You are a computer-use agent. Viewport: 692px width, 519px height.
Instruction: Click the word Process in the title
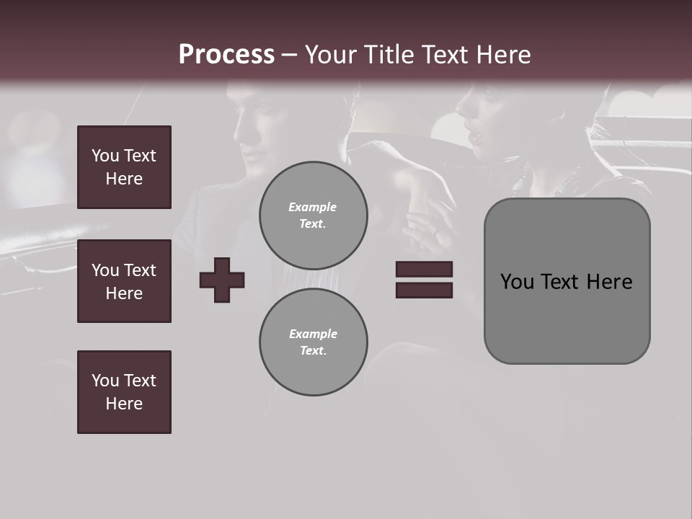pos(226,55)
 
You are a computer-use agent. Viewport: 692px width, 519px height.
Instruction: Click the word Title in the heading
pos(388,55)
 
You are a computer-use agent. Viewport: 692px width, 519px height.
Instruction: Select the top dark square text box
pos(124,167)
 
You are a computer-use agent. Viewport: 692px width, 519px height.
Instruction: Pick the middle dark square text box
pos(124,281)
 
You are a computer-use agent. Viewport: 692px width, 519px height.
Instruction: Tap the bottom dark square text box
pos(124,392)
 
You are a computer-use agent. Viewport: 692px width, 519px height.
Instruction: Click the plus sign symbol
pos(222,280)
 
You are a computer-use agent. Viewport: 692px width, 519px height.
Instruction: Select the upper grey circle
pos(313,215)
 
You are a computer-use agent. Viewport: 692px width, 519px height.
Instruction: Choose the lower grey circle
pos(313,342)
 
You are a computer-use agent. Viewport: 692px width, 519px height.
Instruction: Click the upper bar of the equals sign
pos(424,269)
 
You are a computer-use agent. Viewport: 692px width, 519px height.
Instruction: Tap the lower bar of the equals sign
pos(424,290)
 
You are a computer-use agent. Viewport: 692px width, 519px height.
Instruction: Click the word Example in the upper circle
pos(312,207)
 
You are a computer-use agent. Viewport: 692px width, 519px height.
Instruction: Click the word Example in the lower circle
pos(313,334)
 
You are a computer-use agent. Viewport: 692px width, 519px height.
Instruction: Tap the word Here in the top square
pos(124,179)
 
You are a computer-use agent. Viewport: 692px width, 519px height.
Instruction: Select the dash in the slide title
pos(290,56)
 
